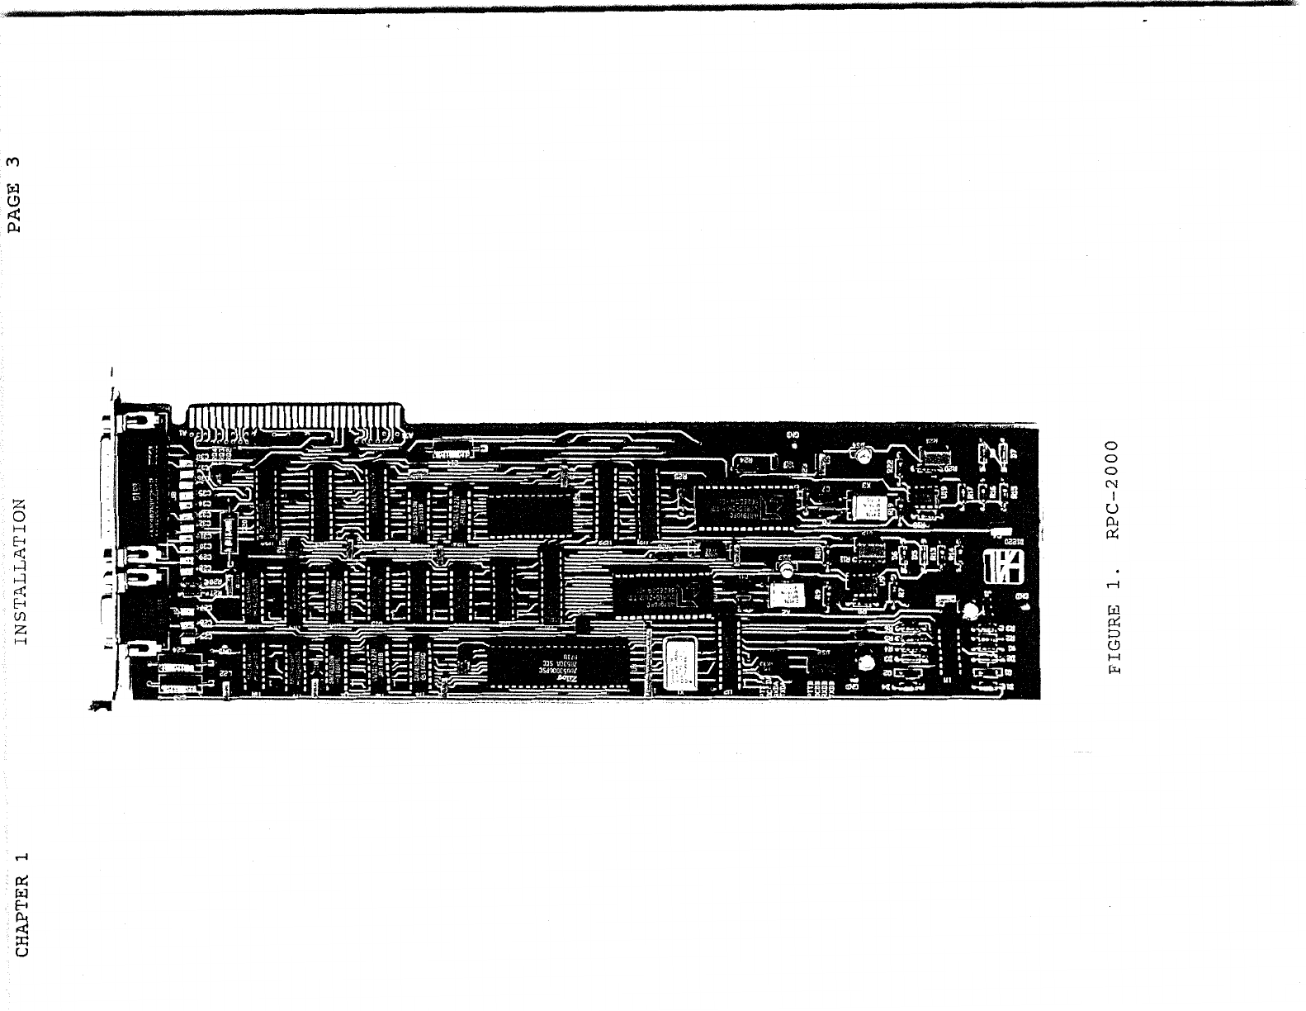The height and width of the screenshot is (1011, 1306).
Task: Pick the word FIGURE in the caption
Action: coord(1114,641)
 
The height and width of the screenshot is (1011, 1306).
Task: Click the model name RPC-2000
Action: coord(1114,490)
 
